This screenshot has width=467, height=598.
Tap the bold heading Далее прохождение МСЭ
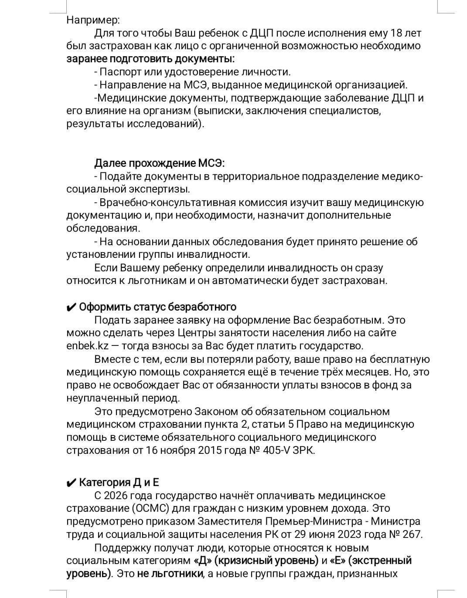[159, 163]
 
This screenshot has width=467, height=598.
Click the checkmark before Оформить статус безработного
[71, 307]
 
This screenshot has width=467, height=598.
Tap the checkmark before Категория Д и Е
[71, 483]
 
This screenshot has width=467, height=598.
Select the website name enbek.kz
[87, 346]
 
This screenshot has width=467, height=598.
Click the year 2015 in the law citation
[210, 450]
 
